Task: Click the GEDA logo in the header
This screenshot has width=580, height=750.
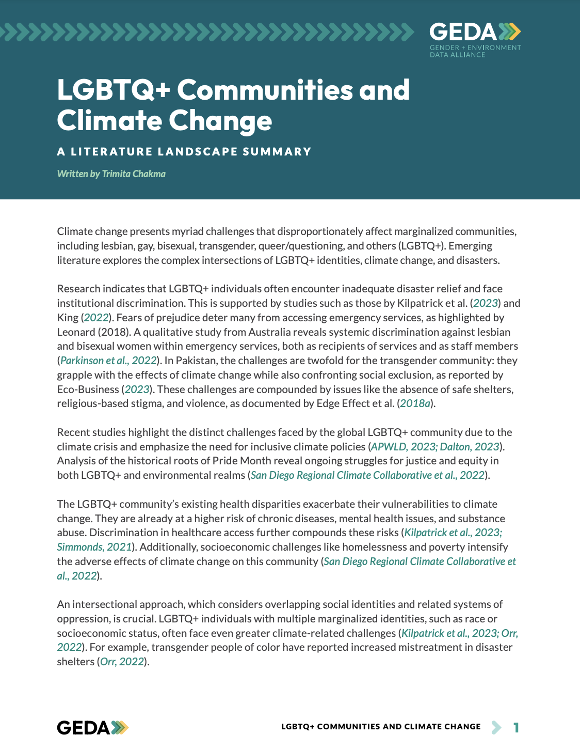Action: (475, 32)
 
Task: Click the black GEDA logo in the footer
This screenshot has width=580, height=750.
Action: (92, 727)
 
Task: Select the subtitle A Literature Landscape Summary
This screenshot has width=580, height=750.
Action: (184, 152)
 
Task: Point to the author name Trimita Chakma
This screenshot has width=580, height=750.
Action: (134, 174)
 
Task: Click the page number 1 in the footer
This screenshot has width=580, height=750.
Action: (516, 727)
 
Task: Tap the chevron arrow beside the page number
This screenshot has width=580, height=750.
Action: (496, 727)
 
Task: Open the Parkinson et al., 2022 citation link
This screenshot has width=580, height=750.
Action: (108, 361)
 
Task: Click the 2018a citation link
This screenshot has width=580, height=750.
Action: (415, 403)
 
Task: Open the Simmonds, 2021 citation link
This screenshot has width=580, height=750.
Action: (94, 547)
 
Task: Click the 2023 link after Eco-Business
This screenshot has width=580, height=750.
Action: (137, 389)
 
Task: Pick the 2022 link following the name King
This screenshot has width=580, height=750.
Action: (96, 318)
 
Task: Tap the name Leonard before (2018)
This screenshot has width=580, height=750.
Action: (76, 332)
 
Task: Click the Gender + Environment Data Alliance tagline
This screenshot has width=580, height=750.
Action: (475, 51)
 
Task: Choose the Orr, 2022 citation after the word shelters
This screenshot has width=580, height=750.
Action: (122, 662)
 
